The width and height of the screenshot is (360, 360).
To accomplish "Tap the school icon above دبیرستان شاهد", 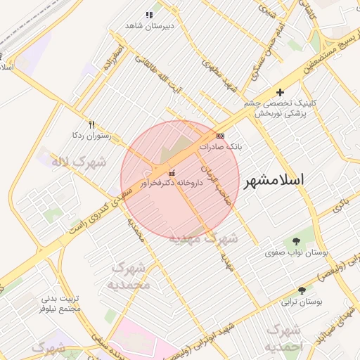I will [148, 15].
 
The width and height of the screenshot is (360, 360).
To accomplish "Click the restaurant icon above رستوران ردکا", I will [91, 124].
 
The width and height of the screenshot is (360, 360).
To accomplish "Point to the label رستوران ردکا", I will [87, 134].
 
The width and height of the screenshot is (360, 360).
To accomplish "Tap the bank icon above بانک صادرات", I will [220, 136].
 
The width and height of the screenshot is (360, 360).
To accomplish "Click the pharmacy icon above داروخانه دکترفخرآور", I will [172, 173].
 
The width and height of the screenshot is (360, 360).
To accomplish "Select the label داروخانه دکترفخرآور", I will [172, 183].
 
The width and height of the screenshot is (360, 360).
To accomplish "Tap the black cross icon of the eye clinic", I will [280, 92].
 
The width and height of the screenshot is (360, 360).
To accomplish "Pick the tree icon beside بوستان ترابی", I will [302, 290].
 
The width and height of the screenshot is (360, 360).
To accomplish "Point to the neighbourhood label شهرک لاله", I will [78, 162].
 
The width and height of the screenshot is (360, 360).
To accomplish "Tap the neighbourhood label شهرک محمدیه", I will [128, 276].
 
